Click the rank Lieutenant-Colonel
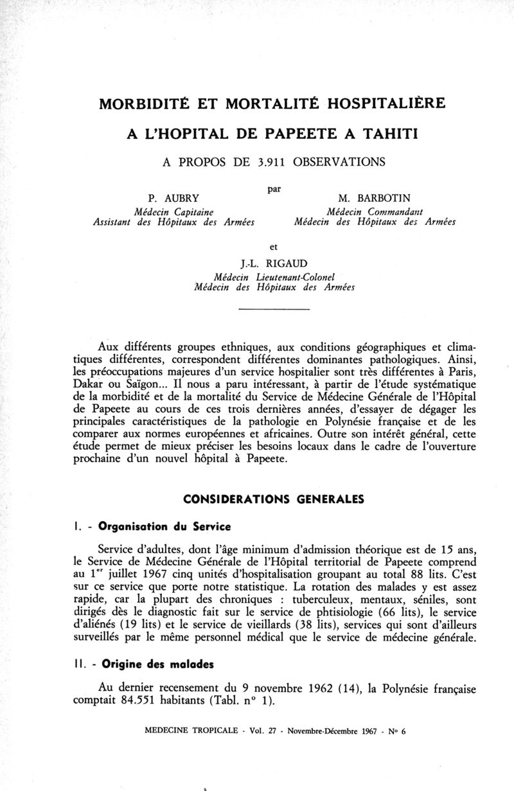tap(301, 276)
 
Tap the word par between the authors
tap(273, 189)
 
